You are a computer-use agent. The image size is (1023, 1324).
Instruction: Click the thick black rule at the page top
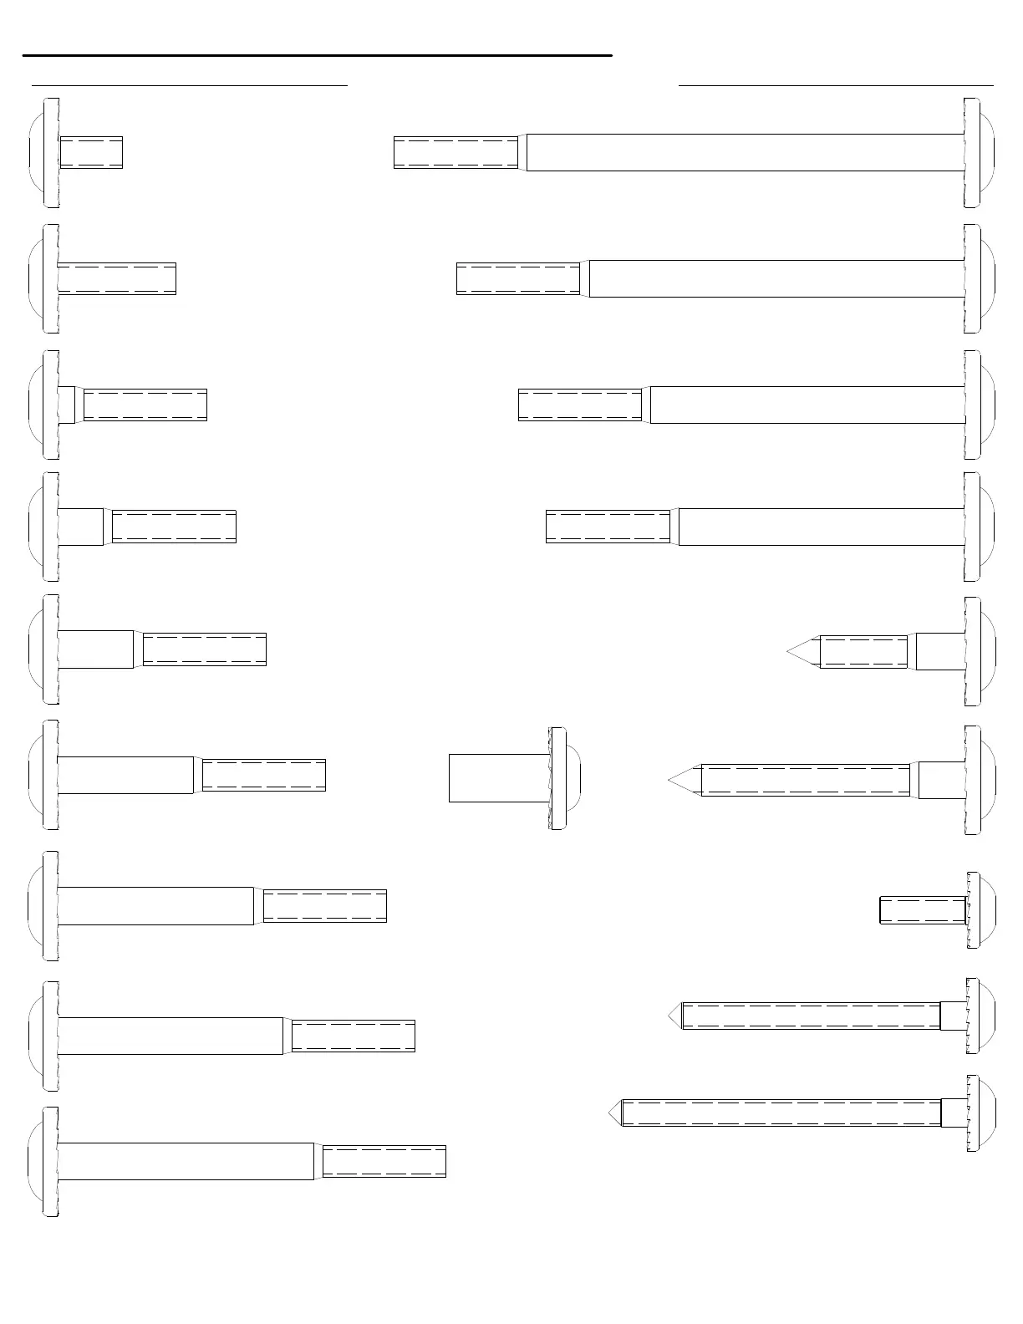pyautogui.click(x=318, y=55)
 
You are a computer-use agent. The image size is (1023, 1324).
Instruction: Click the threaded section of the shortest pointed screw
pyautogui.click(x=863, y=652)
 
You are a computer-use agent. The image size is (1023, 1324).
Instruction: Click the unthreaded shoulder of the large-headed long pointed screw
pyautogui.click(x=942, y=780)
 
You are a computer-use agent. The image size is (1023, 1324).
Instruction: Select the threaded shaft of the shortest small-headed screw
pyautogui.click(x=923, y=910)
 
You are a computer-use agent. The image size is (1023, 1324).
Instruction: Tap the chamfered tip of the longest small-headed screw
pyautogui.click(x=615, y=1113)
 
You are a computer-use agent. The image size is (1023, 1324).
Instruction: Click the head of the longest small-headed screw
pyautogui.click(x=980, y=1113)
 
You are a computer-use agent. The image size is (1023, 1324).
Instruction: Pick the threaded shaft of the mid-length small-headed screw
pyautogui.click(x=811, y=1016)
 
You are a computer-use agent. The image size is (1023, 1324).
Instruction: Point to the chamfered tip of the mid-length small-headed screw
pyautogui.click(x=675, y=1016)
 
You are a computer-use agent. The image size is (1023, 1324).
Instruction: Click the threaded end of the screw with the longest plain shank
pyautogui.click(x=456, y=152)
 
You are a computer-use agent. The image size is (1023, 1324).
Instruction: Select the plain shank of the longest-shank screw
pyautogui.click(x=744, y=152)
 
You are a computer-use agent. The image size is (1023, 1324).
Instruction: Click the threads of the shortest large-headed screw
pyautogui.click(x=92, y=152)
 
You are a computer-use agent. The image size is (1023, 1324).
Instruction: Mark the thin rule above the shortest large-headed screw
pyautogui.click(x=189, y=84)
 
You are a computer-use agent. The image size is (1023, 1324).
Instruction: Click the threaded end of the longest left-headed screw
pyautogui.click(x=384, y=1161)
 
